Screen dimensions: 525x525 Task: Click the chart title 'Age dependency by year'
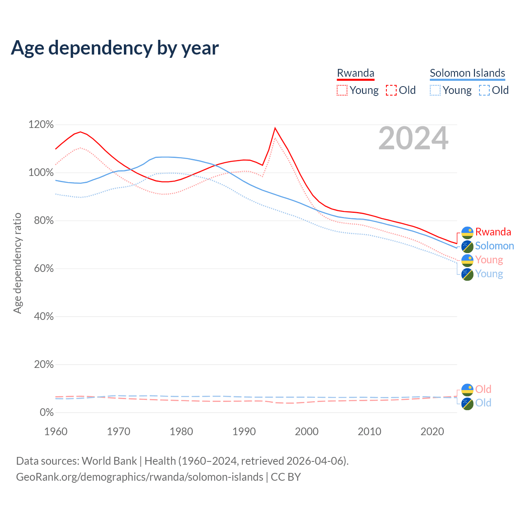tap(115, 48)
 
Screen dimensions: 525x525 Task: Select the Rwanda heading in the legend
tap(356, 73)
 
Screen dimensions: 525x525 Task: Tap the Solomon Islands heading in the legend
tap(467, 73)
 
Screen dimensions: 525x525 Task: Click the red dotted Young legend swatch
tap(342, 90)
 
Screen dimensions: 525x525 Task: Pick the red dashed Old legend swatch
tap(391, 90)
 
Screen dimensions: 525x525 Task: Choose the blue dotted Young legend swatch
tap(435, 90)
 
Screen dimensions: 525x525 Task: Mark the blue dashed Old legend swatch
tap(484, 90)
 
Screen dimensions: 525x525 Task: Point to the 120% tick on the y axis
tap(41, 125)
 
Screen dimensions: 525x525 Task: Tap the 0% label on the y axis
tap(46, 413)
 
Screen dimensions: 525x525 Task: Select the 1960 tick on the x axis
tap(56, 431)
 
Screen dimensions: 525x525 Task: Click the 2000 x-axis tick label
tap(307, 431)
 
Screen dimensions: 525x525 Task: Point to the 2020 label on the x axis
tap(432, 431)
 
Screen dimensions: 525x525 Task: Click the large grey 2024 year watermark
tap(413, 139)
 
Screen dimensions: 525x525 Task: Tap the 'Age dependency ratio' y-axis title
tap(17, 263)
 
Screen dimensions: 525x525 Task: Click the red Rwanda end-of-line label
tap(493, 232)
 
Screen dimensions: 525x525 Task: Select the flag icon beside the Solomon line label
tap(468, 247)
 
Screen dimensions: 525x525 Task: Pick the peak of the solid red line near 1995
tap(275, 128)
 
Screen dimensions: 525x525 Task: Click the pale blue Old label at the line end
tap(483, 403)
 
